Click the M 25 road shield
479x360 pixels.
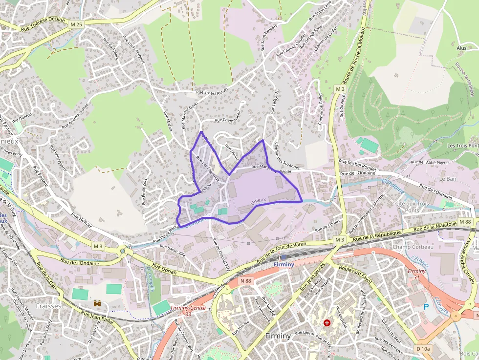point(76,24)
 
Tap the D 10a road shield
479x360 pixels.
point(423,348)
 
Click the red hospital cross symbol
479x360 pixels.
point(327,323)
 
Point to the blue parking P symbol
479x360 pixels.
point(426,307)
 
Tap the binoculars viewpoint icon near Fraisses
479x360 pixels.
point(97,303)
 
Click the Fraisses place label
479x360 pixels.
point(49,306)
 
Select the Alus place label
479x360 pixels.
point(461,48)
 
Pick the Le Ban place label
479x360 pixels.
point(448,179)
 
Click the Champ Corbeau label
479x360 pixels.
point(406,247)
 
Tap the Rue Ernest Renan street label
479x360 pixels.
point(212,91)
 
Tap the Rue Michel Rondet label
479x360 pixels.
point(358,165)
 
